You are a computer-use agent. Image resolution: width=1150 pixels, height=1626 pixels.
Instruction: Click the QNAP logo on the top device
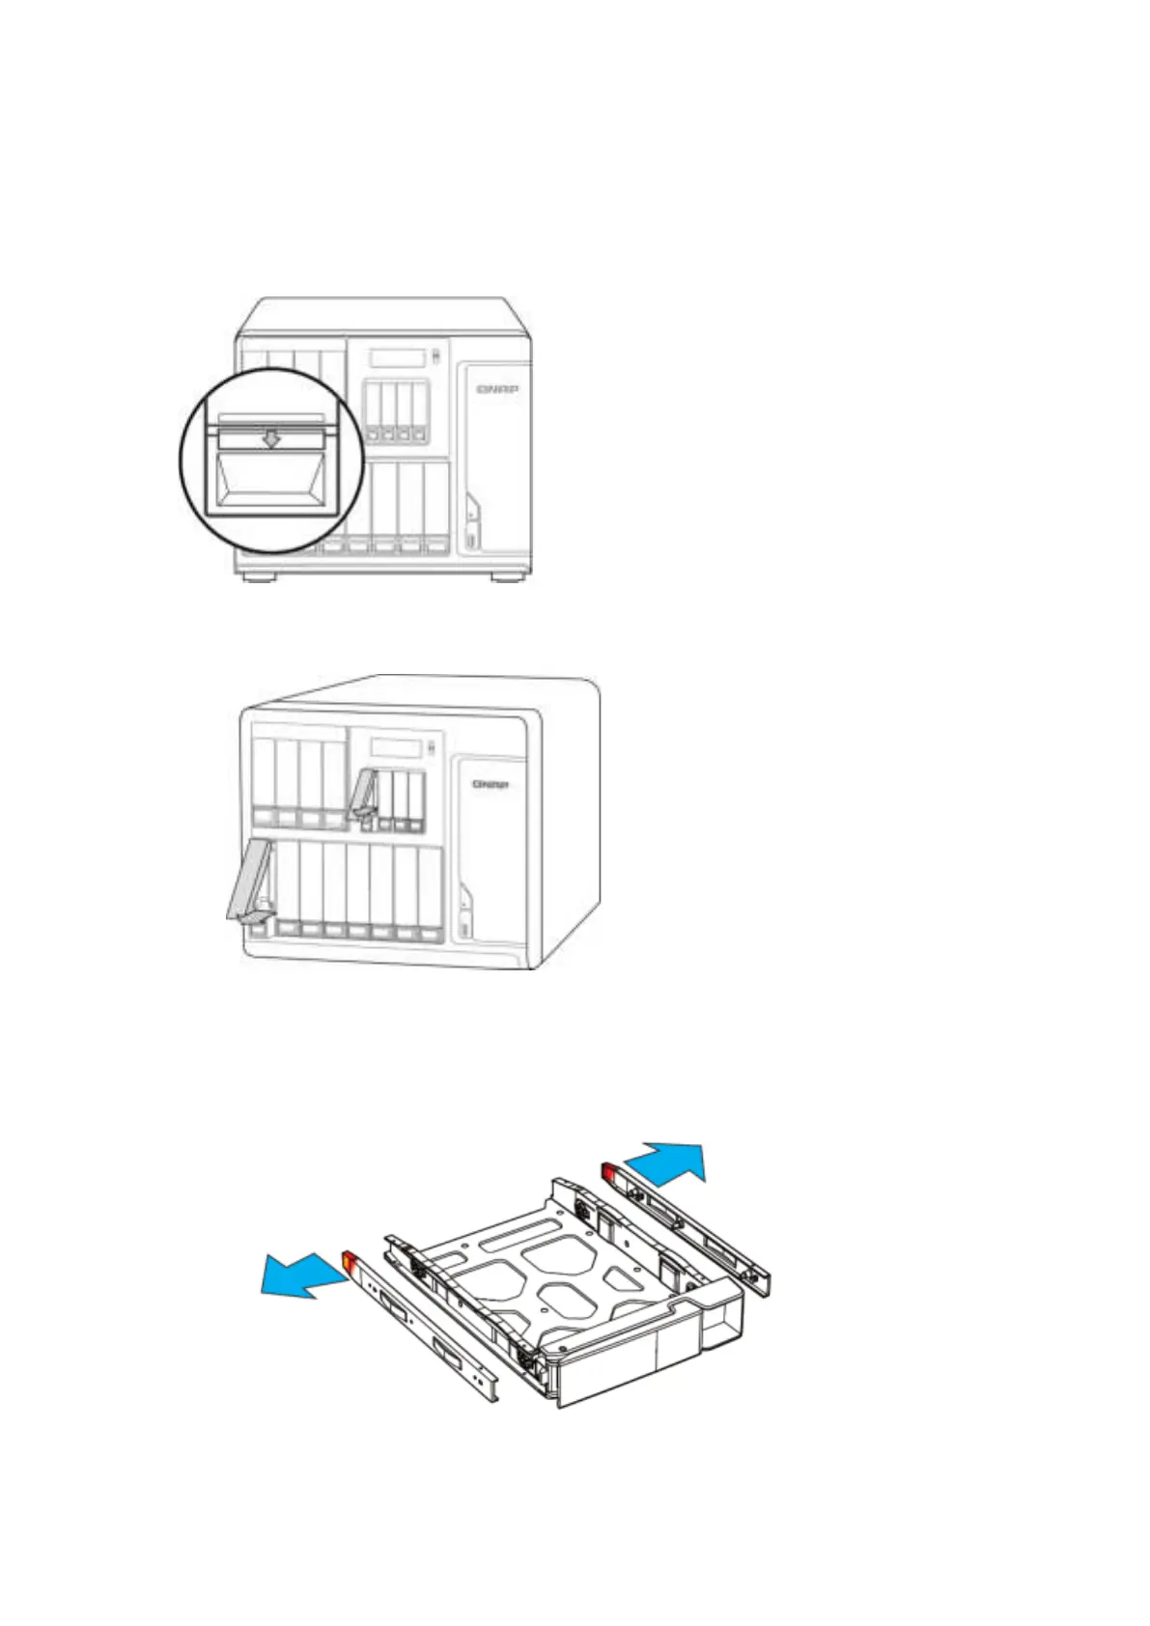(x=497, y=389)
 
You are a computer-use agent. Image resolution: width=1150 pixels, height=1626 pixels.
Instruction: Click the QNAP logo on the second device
(x=491, y=784)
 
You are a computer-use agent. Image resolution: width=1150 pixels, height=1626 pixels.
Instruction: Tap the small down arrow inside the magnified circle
(x=273, y=439)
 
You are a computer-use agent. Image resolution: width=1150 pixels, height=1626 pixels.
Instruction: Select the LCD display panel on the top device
(x=398, y=358)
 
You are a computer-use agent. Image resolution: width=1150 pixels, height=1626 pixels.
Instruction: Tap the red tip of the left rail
(x=350, y=1262)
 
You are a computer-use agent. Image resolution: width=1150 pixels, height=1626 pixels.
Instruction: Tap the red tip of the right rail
(x=609, y=1172)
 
